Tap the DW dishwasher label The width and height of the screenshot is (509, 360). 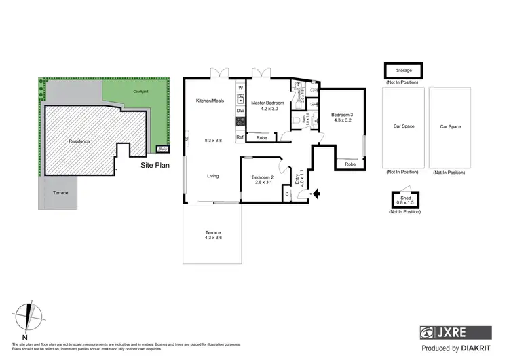tap(240, 111)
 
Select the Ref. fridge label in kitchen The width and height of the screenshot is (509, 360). tap(240, 137)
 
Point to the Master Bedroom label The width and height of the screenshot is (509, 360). tap(267, 103)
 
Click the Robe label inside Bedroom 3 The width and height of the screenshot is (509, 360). tap(350, 164)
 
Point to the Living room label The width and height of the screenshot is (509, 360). tap(212, 177)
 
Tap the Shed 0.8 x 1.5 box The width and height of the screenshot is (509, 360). tap(404, 199)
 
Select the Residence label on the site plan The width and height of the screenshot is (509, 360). tap(79, 141)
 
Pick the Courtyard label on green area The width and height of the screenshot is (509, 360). tap(140, 90)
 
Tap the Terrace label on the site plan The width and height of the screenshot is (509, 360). tap(61, 193)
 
